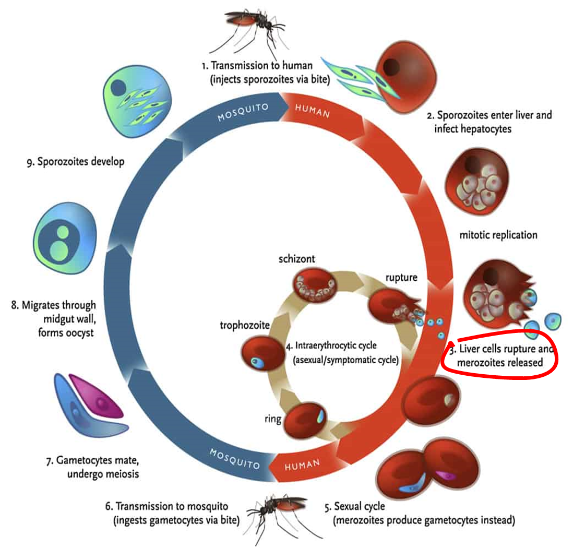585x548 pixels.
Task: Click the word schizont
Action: tap(297, 258)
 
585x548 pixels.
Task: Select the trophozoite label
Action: tap(245, 326)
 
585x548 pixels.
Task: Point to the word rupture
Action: tap(401, 277)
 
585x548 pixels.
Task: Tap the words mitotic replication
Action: tap(498, 235)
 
